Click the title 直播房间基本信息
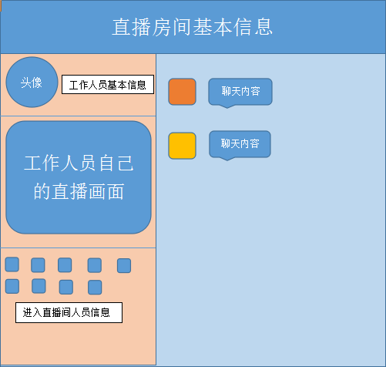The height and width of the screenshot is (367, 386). click(192, 27)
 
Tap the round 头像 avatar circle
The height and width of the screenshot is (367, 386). click(32, 82)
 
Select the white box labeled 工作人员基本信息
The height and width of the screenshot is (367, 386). click(108, 85)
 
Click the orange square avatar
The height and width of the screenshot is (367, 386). click(182, 92)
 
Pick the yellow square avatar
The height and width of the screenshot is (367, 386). click(182, 146)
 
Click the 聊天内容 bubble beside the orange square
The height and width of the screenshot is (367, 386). click(240, 92)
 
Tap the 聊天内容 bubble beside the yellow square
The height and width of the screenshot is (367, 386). click(240, 144)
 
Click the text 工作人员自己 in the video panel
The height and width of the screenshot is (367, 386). click(79, 163)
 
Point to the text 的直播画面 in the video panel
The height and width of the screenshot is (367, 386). click(79, 191)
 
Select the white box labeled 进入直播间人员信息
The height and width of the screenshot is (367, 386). click(69, 312)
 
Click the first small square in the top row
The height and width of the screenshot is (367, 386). click(12, 264)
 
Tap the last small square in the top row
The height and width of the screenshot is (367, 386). click(124, 266)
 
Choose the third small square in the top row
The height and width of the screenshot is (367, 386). click(65, 265)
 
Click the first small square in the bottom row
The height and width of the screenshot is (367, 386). click(12, 286)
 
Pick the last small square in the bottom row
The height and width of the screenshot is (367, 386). click(95, 288)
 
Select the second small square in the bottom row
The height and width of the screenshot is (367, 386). click(39, 286)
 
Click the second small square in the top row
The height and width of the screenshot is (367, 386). click(38, 265)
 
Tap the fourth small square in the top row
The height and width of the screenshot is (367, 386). click(95, 265)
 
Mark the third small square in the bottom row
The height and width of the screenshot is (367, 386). click(66, 287)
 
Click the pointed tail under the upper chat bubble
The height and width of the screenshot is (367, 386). click(227, 106)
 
